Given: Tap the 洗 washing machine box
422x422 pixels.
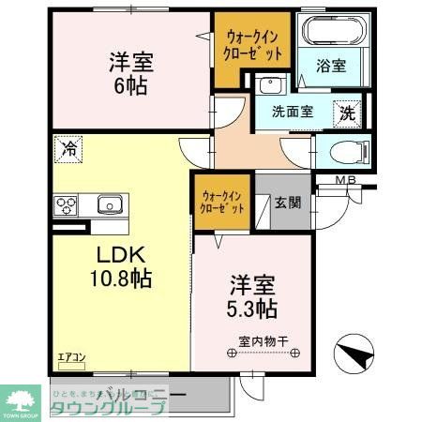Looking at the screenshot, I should pyautogui.click(x=348, y=112).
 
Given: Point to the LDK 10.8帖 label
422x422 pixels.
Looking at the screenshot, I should pyautogui.click(x=121, y=265).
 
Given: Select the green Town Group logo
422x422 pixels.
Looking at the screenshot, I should pyautogui.click(x=20, y=399).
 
